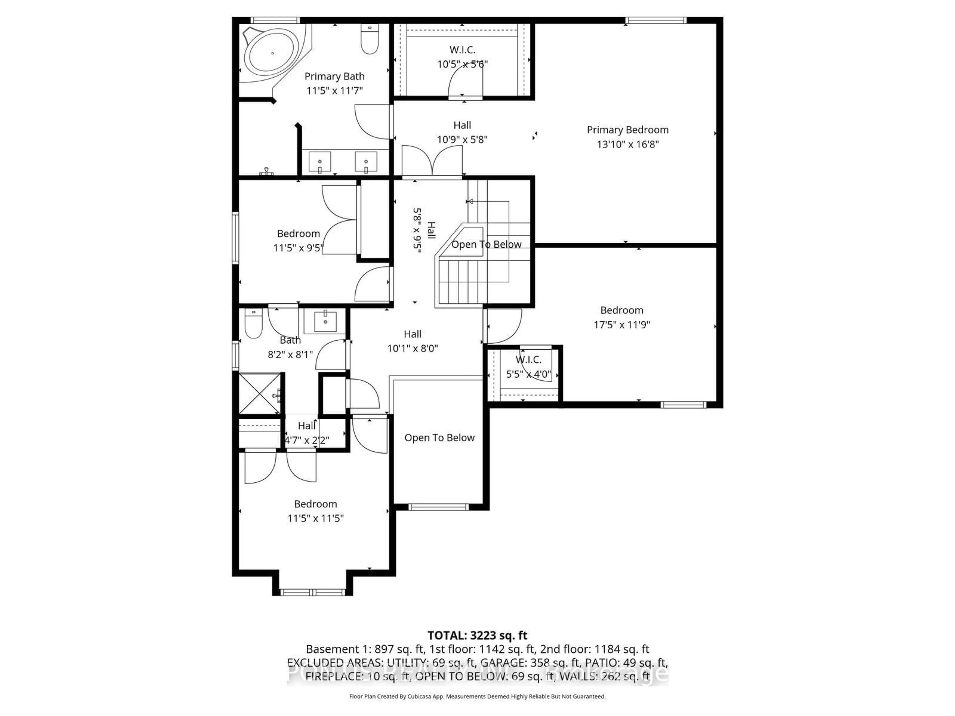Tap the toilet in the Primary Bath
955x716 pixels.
click(370, 40)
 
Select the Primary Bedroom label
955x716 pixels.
click(627, 130)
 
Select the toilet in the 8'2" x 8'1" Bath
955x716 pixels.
click(253, 324)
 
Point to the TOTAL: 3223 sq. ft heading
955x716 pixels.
click(477, 635)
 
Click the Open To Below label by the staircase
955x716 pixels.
click(486, 244)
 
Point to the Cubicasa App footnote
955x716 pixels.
click(477, 696)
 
